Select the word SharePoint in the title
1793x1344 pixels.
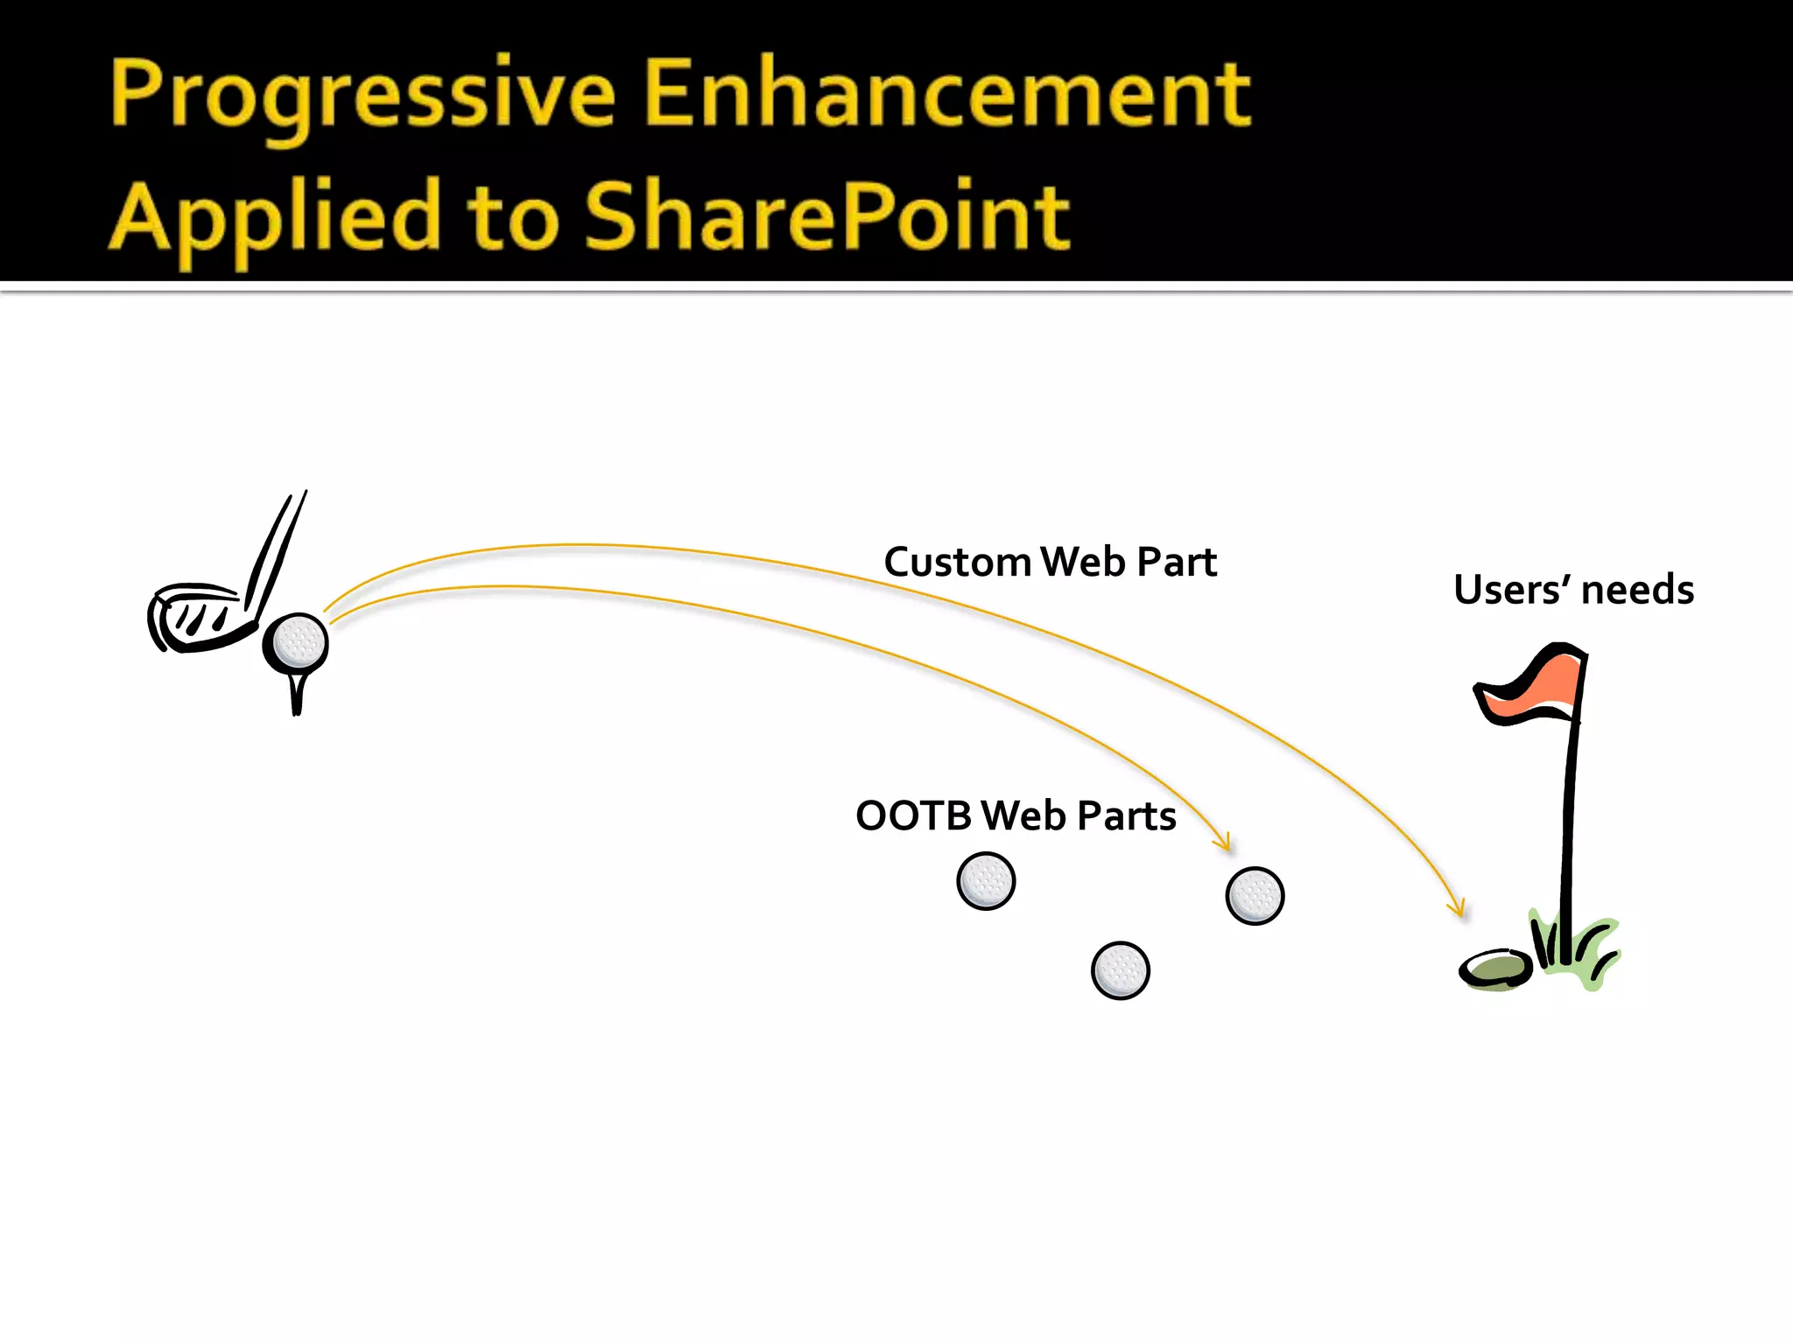(x=826, y=216)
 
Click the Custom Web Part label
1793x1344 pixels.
(x=1050, y=562)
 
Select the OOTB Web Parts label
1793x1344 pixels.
(x=1016, y=815)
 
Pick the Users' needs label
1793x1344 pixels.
(x=1573, y=590)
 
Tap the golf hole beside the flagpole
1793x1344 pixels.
(x=1495, y=969)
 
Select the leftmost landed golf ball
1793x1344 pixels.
(x=986, y=881)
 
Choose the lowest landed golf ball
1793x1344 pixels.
(x=1121, y=970)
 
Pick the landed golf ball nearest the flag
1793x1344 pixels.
(x=1255, y=896)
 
